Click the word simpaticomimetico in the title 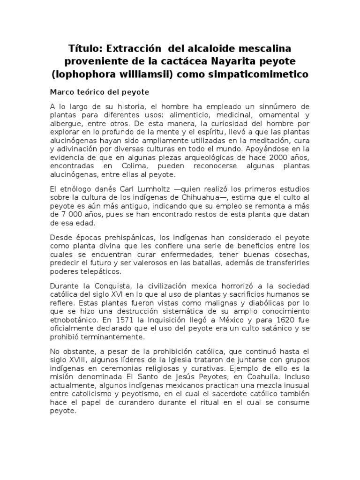coord(253,74)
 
